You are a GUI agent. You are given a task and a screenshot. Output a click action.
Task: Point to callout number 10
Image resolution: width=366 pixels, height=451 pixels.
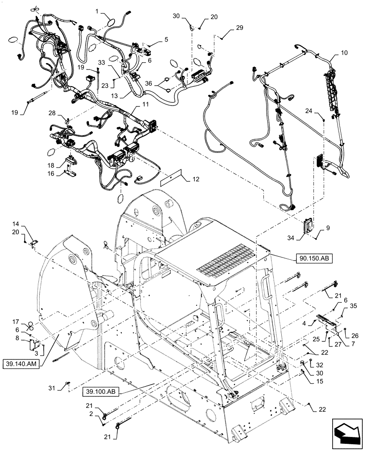344,53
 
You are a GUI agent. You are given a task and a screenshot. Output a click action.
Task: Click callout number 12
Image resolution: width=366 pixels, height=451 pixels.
196,179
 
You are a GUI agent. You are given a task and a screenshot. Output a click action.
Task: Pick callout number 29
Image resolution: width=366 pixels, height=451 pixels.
239,28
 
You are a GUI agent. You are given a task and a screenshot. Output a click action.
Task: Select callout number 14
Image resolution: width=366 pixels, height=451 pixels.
28,223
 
